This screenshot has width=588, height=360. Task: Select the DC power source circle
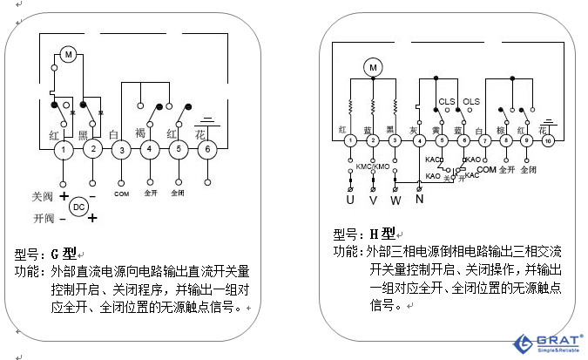click(x=78, y=207)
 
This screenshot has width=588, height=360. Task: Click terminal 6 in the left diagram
click(x=207, y=150)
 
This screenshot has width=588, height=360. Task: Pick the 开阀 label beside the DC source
click(x=43, y=218)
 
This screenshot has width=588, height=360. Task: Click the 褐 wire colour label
click(x=140, y=132)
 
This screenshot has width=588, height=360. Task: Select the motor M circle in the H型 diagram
click(x=373, y=66)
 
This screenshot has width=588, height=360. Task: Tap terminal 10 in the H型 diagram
click(x=548, y=140)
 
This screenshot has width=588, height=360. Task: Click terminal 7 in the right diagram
click(x=484, y=140)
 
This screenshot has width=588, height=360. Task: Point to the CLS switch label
click(x=447, y=102)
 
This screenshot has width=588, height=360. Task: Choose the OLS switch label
click(x=471, y=102)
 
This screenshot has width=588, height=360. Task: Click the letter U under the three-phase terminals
click(x=350, y=200)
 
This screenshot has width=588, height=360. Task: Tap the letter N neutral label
click(x=420, y=200)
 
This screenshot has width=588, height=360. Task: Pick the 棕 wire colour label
click(x=501, y=130)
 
